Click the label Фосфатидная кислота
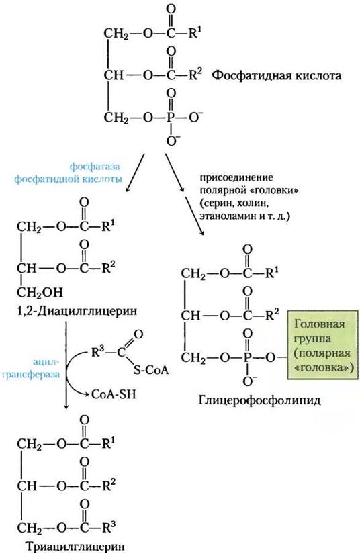[x=276, y=76]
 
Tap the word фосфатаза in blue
[x=95, y=166]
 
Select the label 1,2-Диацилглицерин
[x=77, y=311]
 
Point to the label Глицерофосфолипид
[x=260, y=400]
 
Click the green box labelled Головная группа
[x=322, y=345]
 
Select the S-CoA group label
[x=151, y=370]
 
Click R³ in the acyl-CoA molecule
[x=98, y=353]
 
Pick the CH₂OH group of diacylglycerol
[x=40, y=293]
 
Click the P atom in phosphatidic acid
[x=171, y=118]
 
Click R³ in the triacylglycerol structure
[x=109, y=528]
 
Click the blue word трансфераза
[x=31, y=375]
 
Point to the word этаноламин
[x=225, y=216]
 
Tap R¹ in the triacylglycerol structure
[x=109, y=443]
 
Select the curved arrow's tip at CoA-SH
[x=88, y=394]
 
